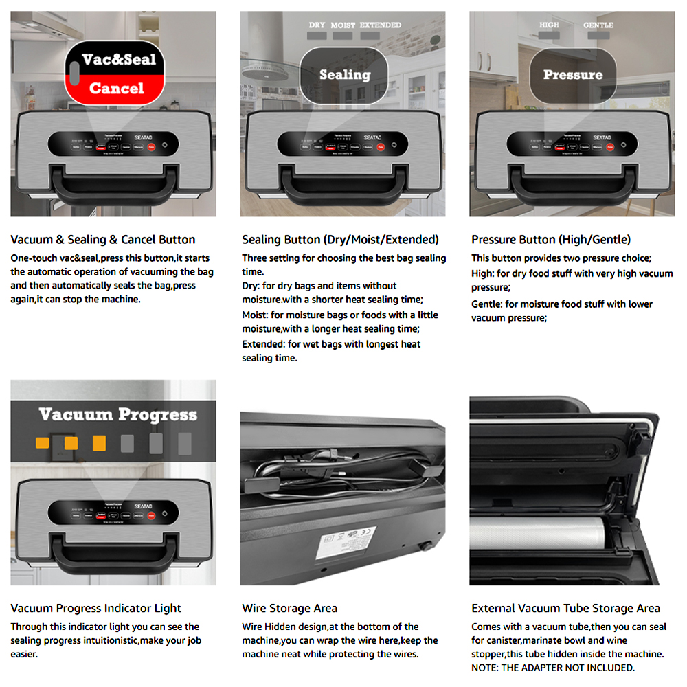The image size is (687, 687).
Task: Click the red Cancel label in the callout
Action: point(116,89)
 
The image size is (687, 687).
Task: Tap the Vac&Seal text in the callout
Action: point(117,59)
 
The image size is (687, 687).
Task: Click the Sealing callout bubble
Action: point(344,74)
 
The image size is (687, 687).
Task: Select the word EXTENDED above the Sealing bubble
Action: point(381,25)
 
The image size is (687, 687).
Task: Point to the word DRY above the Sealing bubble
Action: point(317,25)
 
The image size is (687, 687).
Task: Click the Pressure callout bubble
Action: point(572,74)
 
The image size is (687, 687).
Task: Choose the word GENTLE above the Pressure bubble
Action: point(598,25)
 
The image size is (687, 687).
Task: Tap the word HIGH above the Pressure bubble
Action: point(549,25)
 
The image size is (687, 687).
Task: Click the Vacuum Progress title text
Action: point(117,414)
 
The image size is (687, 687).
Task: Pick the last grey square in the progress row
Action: point(184,442)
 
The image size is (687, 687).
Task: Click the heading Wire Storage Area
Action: point(289,608)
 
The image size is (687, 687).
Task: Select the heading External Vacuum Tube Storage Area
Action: point(565,608)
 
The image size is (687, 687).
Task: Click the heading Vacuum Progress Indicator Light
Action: point(96,608)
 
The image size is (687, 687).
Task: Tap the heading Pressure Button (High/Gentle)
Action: point(550,240)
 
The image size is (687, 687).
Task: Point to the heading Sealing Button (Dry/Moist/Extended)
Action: point(340,240)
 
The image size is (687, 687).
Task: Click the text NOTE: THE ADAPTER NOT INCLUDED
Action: point(553,668)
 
